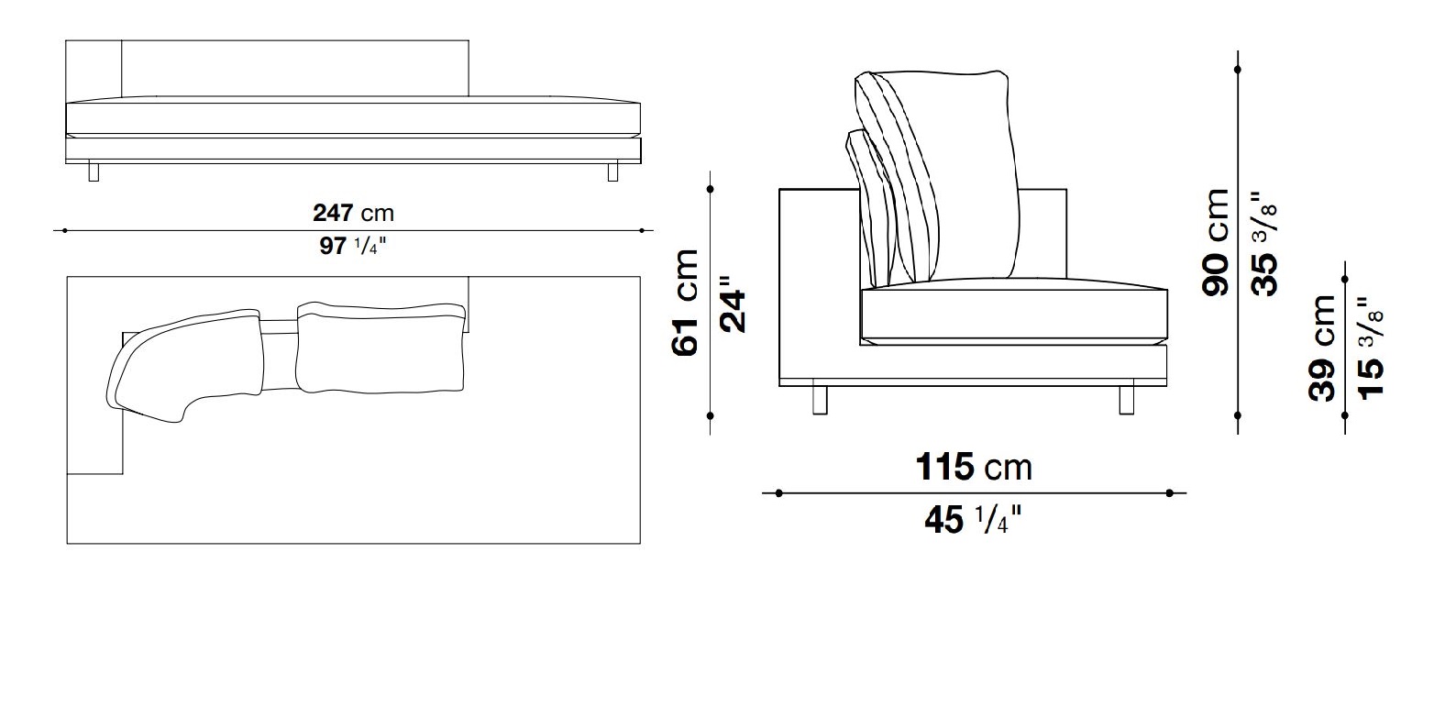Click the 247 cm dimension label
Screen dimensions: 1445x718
353,213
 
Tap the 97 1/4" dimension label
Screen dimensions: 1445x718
353,246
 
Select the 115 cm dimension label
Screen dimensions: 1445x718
974,467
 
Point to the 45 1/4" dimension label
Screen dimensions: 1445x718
973,520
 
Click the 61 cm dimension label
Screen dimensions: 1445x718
685,302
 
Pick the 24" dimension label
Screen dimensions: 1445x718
734,304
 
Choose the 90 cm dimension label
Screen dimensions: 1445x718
1216,243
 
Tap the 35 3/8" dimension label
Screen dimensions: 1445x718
1263,243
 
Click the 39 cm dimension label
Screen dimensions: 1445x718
1322,348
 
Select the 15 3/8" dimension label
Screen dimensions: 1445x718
1371,348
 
